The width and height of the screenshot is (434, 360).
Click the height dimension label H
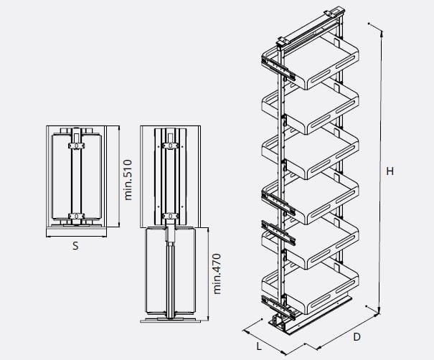[390, 171]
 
